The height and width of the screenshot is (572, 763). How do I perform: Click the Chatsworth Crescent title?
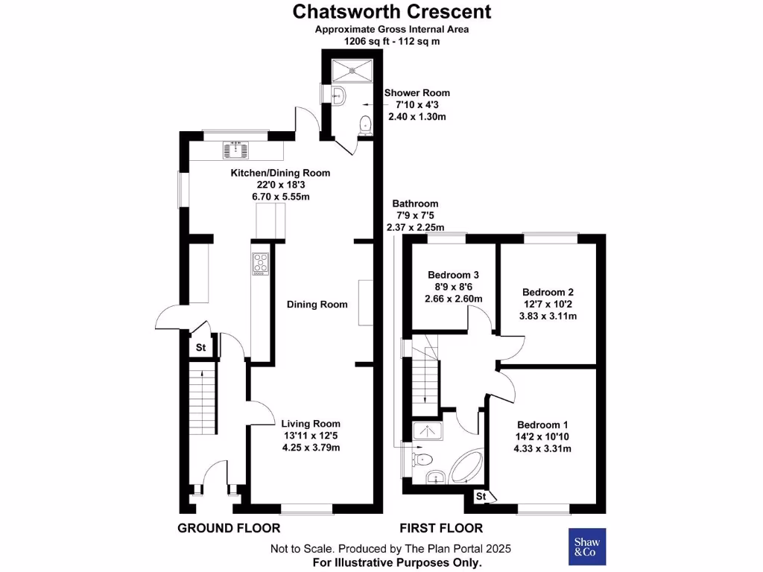391,12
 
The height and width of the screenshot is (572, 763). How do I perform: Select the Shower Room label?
417,93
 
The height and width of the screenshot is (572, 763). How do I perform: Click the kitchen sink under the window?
236,151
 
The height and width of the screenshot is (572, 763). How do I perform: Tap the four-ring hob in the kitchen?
261,264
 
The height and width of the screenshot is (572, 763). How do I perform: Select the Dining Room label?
317,305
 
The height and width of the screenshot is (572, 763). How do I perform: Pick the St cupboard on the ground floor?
200,348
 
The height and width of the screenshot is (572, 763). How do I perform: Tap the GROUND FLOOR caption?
229,528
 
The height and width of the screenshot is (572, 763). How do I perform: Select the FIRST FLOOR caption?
441,528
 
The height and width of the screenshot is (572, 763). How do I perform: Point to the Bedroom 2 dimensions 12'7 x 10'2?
548,305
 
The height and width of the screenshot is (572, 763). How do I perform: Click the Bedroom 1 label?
542,424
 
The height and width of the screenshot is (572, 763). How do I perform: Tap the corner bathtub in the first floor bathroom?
463,467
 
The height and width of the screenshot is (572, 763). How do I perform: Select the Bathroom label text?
415,203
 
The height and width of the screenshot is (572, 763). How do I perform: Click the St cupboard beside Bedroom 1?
481,496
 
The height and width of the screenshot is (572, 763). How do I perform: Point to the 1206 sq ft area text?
391,42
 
